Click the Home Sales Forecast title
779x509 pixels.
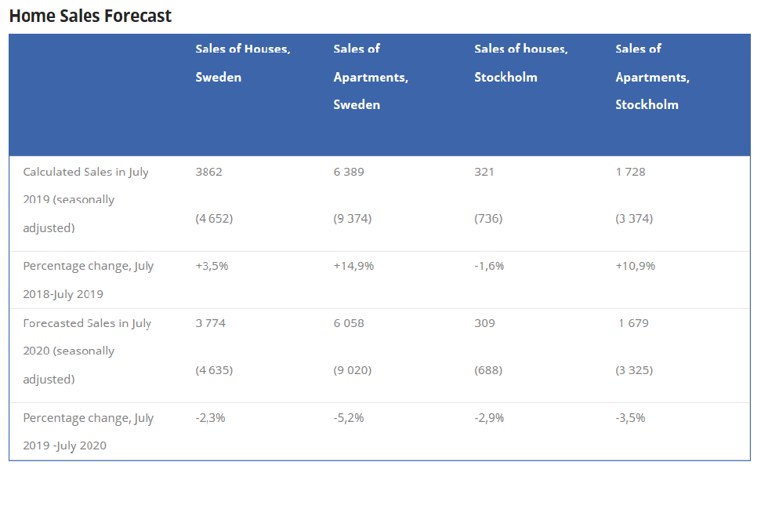(90, 16)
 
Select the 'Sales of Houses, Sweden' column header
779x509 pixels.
(243, 63)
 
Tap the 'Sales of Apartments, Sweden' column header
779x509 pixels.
(371, 77)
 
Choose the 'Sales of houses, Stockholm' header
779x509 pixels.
(520, 63)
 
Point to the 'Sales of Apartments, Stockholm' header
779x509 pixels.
(652, 77)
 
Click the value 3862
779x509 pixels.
(208, 172)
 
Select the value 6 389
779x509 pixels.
(349, 172)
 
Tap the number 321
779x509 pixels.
(484, 172)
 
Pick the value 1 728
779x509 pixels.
(630, 172)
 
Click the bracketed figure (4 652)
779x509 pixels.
(214, 219)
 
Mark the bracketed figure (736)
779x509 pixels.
(488, 219)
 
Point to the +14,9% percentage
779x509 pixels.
(353, 266)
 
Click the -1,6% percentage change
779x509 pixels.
(489, 266)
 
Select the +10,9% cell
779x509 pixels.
(636, 266)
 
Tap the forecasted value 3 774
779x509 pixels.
(211, 323)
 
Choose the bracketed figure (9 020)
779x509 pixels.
(353, 370)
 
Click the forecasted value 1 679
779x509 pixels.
(633, 323)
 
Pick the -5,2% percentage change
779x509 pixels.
(349, 418)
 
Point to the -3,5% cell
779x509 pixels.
(630, 418)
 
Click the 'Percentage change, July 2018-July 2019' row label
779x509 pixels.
(89, 280)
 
